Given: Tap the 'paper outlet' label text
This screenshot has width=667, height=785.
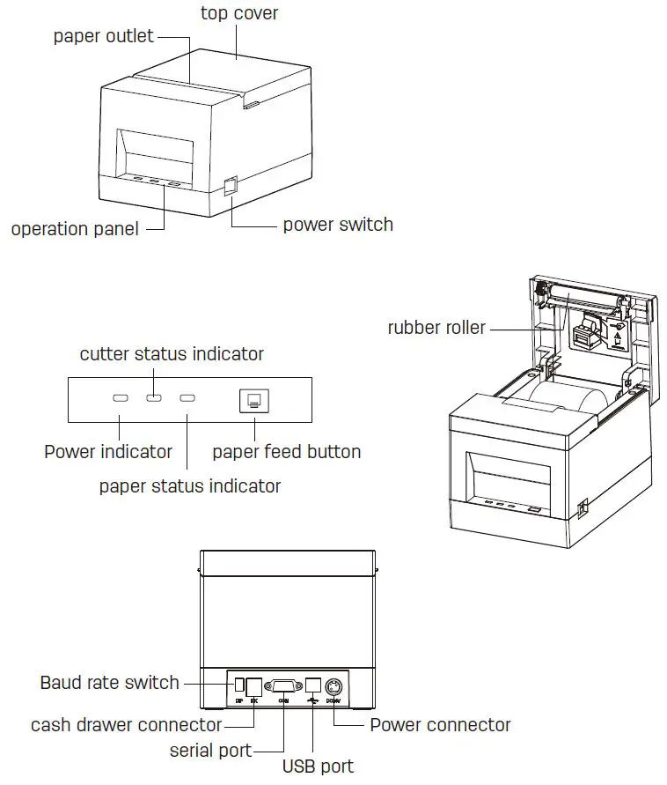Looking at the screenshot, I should coord(103,36).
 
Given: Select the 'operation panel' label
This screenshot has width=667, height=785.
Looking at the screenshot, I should coord(75,229).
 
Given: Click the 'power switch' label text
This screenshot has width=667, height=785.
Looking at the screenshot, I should coord(338,224).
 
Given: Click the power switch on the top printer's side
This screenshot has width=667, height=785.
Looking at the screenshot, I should coord(231,186).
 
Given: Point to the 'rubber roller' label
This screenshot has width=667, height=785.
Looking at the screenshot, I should coord(436,328).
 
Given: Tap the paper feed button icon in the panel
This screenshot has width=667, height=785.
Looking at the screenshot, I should coord(254,399).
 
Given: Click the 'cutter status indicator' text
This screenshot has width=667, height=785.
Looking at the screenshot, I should coord(172,354).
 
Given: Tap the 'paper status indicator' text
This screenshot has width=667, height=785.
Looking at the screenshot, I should coord(190,485).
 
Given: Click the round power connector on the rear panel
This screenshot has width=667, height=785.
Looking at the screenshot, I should coord(334,686).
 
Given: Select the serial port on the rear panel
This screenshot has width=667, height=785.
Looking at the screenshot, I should coord(284,685).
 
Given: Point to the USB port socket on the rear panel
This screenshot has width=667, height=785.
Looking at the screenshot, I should coord(312,685).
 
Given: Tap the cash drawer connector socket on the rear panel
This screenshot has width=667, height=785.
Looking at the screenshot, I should coord(254,685).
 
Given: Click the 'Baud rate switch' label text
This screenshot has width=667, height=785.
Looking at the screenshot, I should coord(109,682).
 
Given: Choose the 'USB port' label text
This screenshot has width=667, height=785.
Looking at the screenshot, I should coord(318,766).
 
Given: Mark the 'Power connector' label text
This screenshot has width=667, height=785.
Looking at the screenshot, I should coord(440,725).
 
